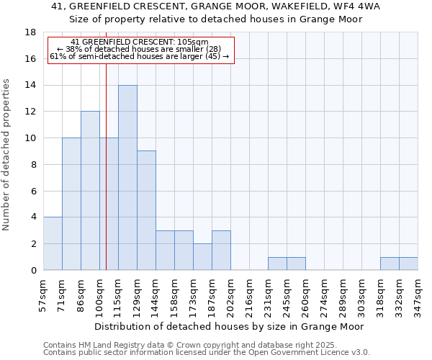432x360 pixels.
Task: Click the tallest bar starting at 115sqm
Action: (127, 178)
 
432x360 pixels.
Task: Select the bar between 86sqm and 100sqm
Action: (90, 191)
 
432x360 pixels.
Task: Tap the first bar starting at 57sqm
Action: (53, 243)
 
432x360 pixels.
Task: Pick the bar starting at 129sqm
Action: (146, 210)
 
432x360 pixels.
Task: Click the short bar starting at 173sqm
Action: (202, 257)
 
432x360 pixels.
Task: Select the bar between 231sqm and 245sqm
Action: (277, 264)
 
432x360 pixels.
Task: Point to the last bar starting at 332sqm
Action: (408, 264)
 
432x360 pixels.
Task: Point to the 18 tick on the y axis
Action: (30, 32)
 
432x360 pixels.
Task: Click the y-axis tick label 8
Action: (33, 164)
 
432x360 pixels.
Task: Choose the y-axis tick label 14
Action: (30, 85)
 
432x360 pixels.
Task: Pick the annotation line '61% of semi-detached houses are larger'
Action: (140, 56)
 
